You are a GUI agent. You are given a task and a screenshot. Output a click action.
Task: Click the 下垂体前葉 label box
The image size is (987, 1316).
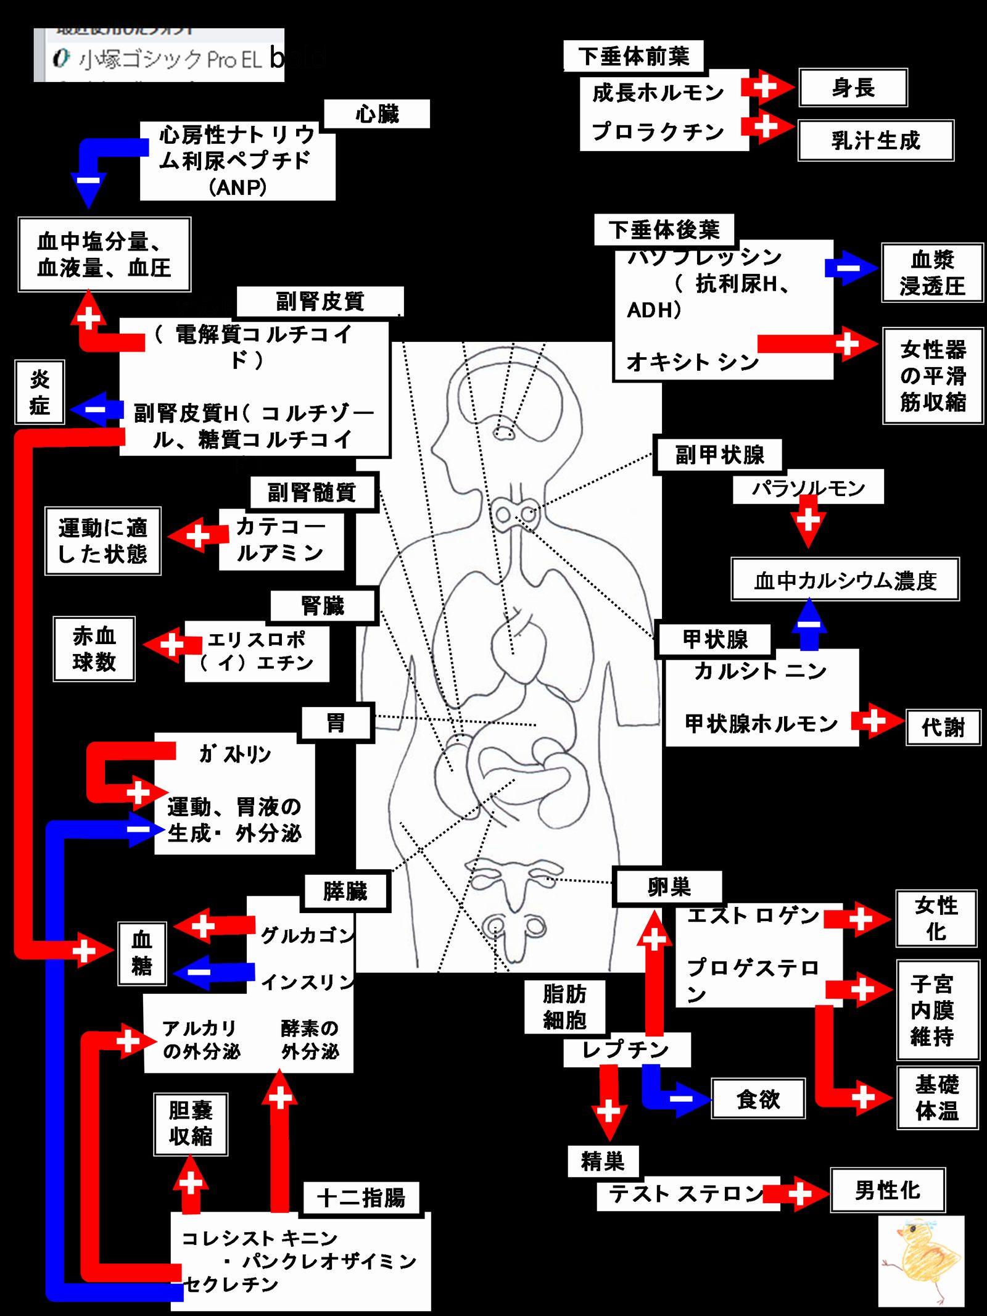(634, 56)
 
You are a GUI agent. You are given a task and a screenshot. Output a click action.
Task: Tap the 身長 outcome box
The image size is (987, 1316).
(853, 88)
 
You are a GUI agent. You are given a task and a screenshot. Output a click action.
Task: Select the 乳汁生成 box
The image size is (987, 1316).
(875, 140)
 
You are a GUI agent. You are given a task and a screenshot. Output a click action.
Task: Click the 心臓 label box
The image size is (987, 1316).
(377, 114)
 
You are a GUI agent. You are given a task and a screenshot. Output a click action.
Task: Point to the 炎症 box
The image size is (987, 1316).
(39, 392)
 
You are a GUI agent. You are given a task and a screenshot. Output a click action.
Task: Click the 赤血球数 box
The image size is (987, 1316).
(94, 648)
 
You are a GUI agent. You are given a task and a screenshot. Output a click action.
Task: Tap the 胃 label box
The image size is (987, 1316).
(336, 722)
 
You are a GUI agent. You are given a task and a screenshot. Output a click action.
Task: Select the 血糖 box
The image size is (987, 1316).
(142, 953)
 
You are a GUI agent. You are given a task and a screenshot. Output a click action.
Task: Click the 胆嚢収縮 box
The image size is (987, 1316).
(191, 1124)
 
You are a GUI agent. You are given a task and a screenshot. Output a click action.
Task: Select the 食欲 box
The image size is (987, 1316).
(758, 1099)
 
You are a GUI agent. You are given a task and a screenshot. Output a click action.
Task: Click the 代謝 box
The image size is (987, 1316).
(943, 727)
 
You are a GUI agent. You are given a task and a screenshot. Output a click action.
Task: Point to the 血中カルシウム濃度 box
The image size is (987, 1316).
(845, 580)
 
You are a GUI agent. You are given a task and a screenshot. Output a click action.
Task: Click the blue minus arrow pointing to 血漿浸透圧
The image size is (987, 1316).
(851, 268)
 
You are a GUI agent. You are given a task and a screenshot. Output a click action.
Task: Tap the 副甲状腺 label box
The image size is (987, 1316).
(719, 455)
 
